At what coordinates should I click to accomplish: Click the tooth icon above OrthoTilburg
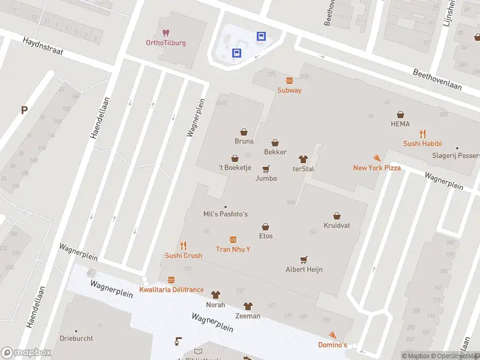point(166,32)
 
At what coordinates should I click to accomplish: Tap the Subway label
point(289,90)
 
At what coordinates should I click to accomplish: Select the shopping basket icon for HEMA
point(400,115)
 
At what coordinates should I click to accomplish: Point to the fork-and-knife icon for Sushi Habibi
point(422,134)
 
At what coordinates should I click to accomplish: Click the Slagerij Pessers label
point(457,155)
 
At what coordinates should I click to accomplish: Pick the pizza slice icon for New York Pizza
point(377,158)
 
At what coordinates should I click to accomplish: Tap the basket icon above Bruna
point(244,131)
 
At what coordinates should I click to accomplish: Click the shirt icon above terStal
point(303,159)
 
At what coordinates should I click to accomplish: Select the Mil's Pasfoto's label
point(226,214)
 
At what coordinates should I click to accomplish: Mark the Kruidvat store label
point(337,225)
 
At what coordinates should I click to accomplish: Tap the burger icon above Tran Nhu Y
point(233,239)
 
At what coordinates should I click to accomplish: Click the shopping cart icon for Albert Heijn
point(304,260)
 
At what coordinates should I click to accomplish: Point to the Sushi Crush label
point(184,256)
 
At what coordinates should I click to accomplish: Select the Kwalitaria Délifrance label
point(171,290)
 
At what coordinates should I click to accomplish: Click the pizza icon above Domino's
point(332,335)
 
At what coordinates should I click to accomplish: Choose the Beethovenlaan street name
point(437,79)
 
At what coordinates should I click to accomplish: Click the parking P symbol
point(24,110)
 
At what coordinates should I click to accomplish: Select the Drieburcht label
point(76,338)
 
